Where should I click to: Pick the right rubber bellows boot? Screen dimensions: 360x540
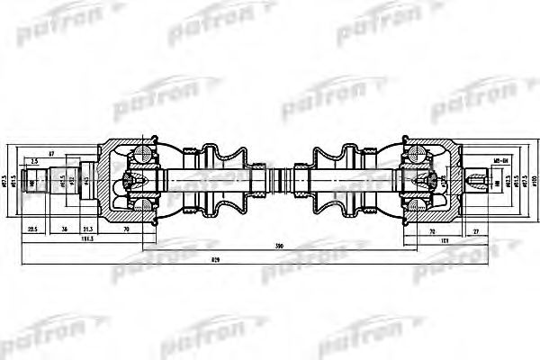338,180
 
